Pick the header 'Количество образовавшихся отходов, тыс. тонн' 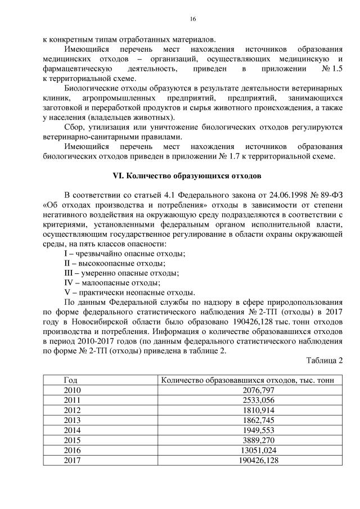click(x=247, y=380)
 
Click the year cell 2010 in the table click(x=73, y=389)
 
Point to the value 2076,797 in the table click(x=247, y=389)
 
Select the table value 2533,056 click(x=247, y=399)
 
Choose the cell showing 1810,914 click(x=247, y=409)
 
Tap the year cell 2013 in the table click(x=73, y=420)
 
